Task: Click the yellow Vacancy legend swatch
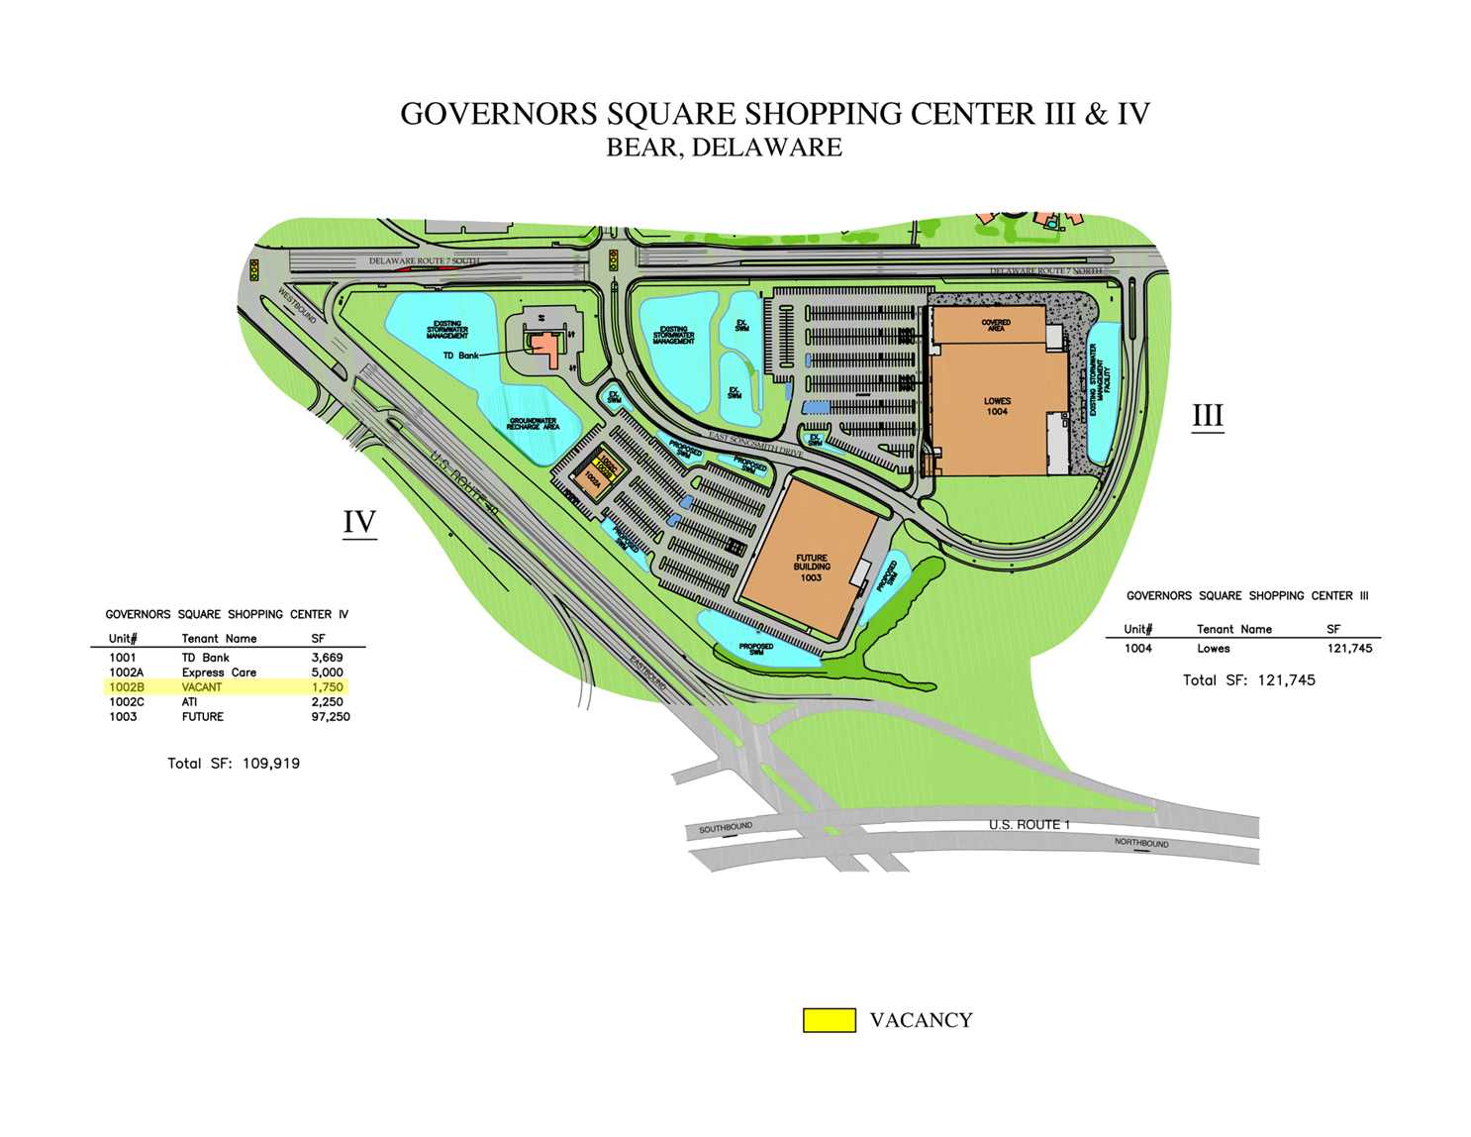(x=829, y=1020)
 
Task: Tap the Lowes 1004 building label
(x=997, y=406)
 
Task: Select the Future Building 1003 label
(x=811, y=568)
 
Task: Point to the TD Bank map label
(x=460, y=356)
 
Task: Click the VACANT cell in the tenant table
(x=202, y=687)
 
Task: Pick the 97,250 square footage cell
(x=331, y=717)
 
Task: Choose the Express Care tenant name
(x=219, y=672)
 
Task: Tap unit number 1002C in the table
(x=127, y=702)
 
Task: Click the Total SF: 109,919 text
(x=234, y=764)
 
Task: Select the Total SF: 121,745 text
(x=1249, y=680)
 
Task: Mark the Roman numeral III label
(x=1208, y=416)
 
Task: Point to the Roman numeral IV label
(x=359, y=522)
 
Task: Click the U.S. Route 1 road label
(x=1030, y=825)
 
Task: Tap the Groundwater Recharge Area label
(x=533, y=424)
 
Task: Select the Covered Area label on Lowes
(x=996, y=325)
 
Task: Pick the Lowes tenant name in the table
(x=1214, y=649)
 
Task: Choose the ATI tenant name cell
(x=189, y=702)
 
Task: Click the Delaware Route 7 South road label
(x=424, y=261)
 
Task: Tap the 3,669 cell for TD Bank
(x=327, y=658)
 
